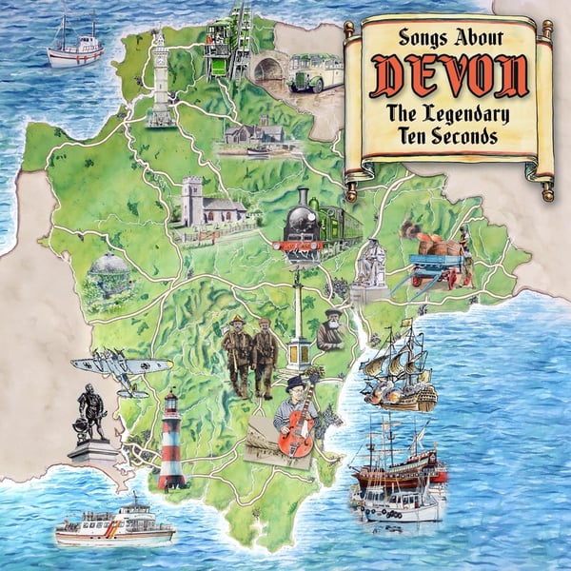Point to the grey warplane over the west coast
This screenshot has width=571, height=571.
[121, 367]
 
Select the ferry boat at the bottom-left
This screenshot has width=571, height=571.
[114, 524]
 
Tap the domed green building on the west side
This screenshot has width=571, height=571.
[108, 274]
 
